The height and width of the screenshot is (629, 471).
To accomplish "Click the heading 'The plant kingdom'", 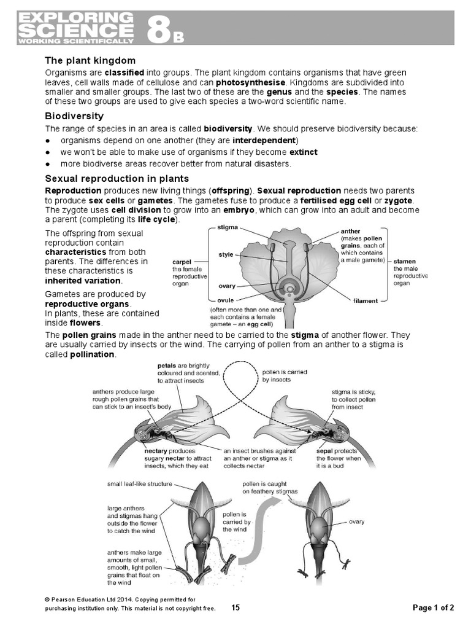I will [x=90, y=61].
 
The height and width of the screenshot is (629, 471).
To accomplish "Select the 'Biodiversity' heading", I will [x=74, y=116].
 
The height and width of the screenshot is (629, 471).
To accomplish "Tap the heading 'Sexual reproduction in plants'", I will [x=117, y=179].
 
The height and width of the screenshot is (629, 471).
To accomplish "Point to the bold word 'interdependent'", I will [x=265, y=140].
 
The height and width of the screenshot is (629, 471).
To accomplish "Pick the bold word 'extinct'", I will [x=304, y=152].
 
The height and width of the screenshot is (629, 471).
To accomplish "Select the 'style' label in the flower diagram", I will [x=226, y=254].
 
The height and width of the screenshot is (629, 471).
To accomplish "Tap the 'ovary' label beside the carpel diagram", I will [x=227, y=286].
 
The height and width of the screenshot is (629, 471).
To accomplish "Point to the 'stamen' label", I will [x=404, y=260].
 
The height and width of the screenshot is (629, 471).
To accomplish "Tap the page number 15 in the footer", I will [x=235, y=608].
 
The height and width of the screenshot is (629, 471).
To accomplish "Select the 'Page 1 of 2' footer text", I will [x=434, y=608].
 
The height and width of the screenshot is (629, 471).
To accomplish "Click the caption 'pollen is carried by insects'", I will [x=285, y=377].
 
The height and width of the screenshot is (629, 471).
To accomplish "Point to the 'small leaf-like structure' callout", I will [x=140, y=484].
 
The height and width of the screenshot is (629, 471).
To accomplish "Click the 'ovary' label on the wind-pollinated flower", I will [x=356, y=522].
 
